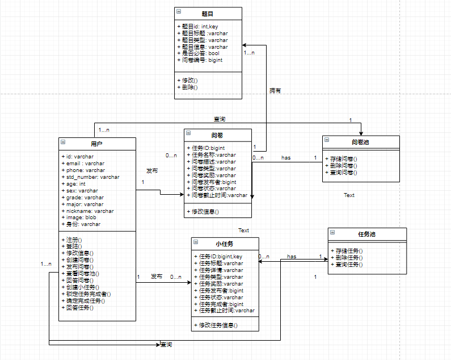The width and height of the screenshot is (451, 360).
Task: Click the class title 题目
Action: coord(208,13)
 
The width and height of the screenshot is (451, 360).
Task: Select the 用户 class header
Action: coord(96,143)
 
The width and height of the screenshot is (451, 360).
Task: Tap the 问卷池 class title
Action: coord(360,141)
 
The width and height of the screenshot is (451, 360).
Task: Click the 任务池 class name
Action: coord(367,234)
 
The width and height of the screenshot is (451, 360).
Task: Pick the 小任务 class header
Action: coord(225,244)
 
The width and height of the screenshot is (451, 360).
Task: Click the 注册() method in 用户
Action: coord(74,240)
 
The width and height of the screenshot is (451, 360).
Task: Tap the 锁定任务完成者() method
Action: coord(88,294)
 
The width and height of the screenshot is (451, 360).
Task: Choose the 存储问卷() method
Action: coord(343,159)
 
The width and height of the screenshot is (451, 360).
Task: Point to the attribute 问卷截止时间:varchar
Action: coord(219,195)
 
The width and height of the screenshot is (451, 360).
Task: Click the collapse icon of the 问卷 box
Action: coord(188,135)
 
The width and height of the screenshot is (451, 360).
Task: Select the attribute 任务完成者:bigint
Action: coord(221,304)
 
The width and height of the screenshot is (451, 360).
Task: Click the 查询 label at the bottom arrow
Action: coord(166,345)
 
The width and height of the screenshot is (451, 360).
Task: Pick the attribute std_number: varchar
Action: coord(92,177)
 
